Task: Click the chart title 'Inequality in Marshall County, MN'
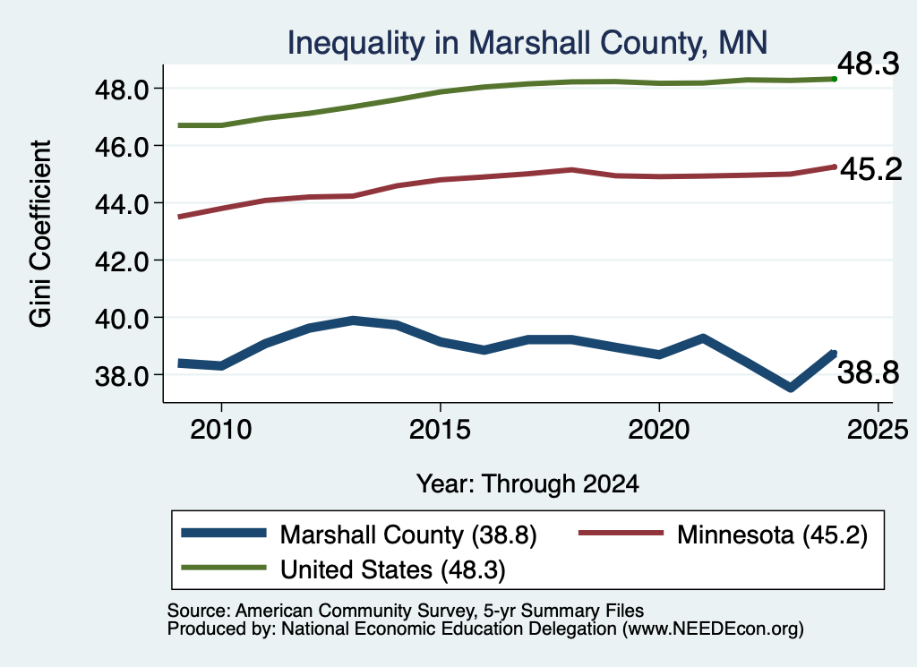tap(527, 43)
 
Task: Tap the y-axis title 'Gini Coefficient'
tap(40, 234)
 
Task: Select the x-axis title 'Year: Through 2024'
tap(527, 484)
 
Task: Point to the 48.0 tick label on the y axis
tap(122, 90)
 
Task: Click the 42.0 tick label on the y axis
tap(122, 261)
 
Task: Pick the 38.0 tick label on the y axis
tap(122, 375)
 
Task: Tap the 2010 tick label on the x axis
tap(221, 430)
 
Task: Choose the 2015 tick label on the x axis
tap(440, 430)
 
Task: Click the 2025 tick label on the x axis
tap(878, 430)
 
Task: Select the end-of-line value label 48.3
tap(869, 64)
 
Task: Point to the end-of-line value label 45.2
tap(871, 169)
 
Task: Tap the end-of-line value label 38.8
tap(869, 372)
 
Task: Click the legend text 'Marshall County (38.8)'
tap(408, 534)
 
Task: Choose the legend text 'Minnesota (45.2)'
tap(772, 534)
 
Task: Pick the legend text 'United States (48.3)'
tap(393, 570)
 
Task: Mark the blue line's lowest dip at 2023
tap(791, 387)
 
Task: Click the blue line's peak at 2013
tap(353, 321)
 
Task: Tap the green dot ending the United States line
tap(835, 79)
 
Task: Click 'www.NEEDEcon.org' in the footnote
tap(712, 629)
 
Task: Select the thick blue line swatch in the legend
tap(224, 533)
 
